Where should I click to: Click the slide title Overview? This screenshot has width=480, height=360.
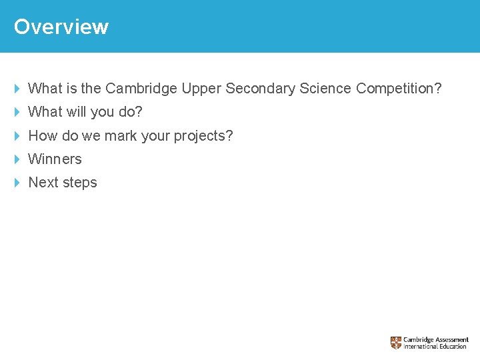click(x=61, y=27)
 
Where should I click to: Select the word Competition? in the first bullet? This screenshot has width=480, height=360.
click(x=399, y=89)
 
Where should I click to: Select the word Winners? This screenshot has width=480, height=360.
click(x=55, y=159)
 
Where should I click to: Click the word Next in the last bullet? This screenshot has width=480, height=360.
click(x=43, y=183)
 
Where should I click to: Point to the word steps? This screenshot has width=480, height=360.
click(x=79, y=183)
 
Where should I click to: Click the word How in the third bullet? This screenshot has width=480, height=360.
click(x=43, y=136)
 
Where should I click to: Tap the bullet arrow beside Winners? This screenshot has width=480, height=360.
click(x=17, y=159)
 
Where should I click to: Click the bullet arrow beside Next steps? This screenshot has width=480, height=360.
click(x=17, y=183)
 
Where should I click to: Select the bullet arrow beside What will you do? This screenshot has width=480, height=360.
click(x=17, y=112)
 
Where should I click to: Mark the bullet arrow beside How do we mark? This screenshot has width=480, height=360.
click(x=17, y=136)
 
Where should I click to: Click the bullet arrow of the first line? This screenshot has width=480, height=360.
click(x=17, y=89)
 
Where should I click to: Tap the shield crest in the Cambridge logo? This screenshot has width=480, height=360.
click(x=396, y=343)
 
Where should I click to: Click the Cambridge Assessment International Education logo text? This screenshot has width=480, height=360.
click(x=435, y=343)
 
